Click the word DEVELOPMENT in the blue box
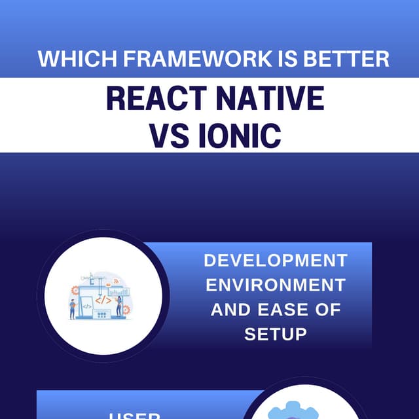[276, 261]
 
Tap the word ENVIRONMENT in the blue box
[276, 285]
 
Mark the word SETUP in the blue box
[276, 335]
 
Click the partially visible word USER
[135, 415]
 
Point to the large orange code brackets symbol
[103, 300]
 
